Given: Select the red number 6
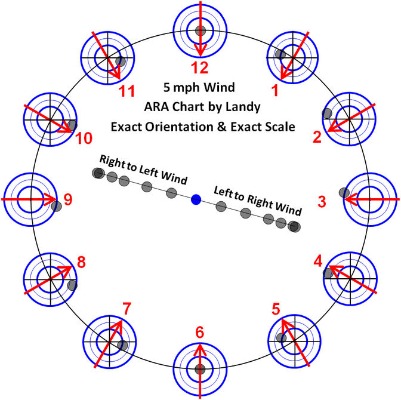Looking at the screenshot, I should click(x=200, y=333).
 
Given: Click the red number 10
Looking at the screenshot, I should click(x=84, y=139).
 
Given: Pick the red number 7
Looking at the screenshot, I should click(x=126, y=309).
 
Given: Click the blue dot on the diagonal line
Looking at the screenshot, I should click(x=196, y=199).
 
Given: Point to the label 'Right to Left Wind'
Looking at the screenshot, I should click(x=143, y=170).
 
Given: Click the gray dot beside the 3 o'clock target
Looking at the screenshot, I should click(x=344, y=192).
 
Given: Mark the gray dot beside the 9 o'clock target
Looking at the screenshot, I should click(x=57, y=206).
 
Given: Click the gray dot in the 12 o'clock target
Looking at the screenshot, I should click(x=200, y=30).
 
